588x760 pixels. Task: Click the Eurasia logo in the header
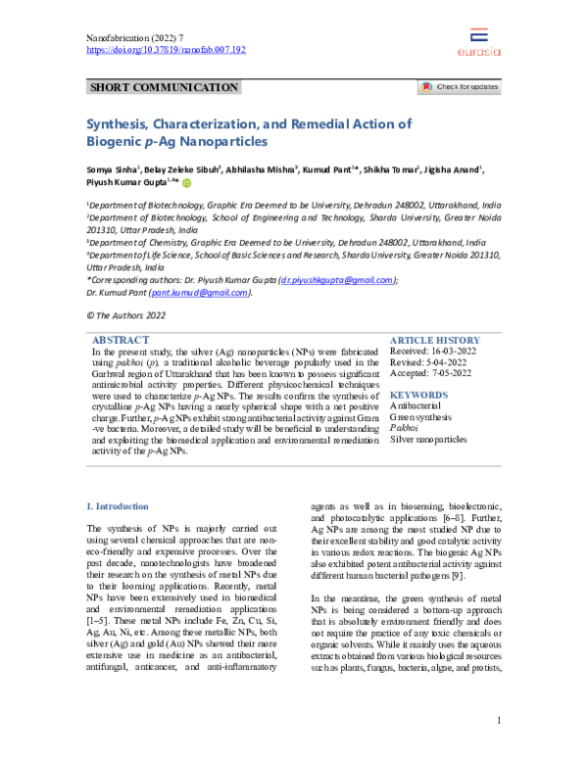pyautogui.click(x=478, y=42)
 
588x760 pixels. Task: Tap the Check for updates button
pyautogui.click(x=460, y=87)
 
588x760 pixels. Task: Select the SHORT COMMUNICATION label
pyautogui.click(x=164, y=88)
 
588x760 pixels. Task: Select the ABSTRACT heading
pyautogui.click(x=120, y=339)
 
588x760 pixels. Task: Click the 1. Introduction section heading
pyautogui.click(x=118, y=506)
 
